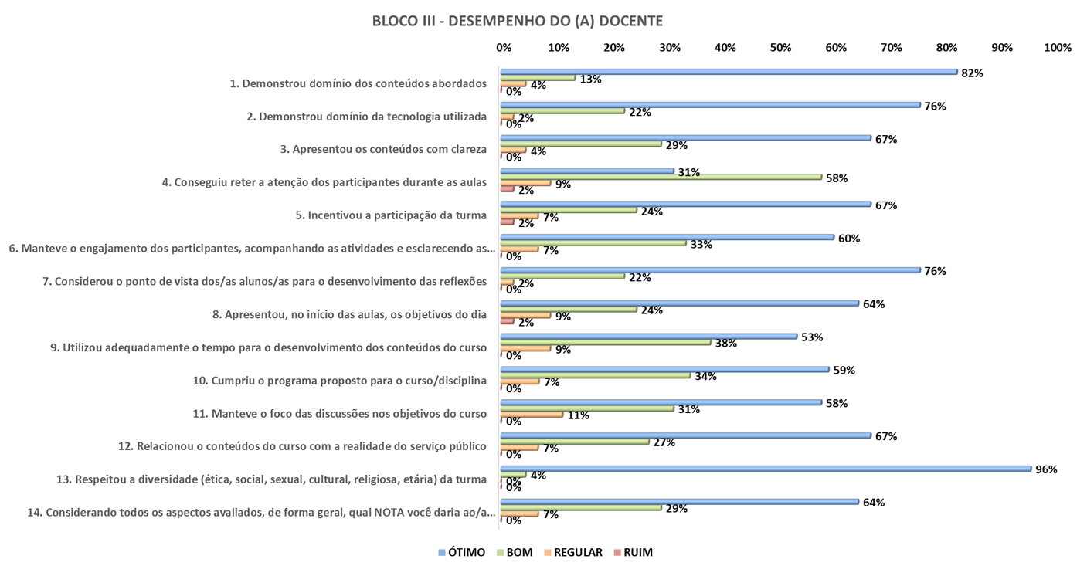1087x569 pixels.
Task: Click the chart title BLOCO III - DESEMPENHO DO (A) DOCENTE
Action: [x=517, y=21]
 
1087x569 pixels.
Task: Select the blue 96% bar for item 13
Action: [x=765, y=468]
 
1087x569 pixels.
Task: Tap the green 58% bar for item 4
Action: [x=661, y=177]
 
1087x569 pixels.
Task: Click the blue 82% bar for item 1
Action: [x=729, y=72]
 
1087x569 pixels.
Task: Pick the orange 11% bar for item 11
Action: [x=532, y=415]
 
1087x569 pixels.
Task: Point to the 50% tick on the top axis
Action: [x=780, y=48]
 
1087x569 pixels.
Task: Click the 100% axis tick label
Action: [x=1057, y=48]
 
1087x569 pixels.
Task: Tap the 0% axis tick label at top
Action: [x=504, y=48]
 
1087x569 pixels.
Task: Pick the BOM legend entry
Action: [x=514, y=552]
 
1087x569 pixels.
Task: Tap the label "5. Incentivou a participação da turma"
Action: [x=391, y=215]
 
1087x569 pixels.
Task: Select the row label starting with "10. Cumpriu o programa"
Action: [x=339, y=380]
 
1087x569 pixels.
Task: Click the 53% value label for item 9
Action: [x=812, y=337]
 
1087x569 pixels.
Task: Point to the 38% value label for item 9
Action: [x=725, y=344]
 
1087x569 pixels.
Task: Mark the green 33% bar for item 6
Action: [x=593, y=242]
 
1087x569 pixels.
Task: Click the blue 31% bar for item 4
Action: [x=587, y=171]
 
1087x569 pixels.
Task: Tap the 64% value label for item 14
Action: [x=874, y=503]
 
